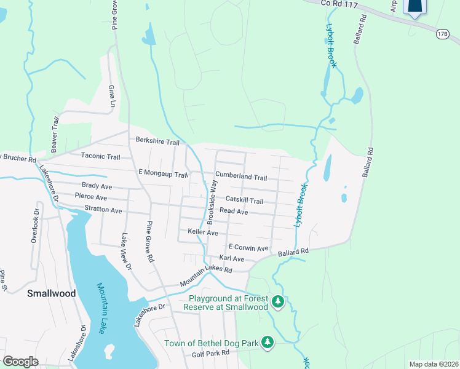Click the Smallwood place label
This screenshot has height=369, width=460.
[x=52, y=293]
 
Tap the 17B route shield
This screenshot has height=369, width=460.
[x=443, y=34]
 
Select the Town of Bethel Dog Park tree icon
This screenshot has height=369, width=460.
[x=268, y=341]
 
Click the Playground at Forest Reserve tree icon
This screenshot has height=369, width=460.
[x=279, y=301]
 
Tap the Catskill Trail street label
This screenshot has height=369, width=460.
[x=244, y=200]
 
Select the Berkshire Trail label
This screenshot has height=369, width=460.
[x=157, y=142]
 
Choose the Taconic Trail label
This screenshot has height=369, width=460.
[x=101, y=157]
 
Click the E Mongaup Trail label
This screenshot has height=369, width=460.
[x=162, y=175]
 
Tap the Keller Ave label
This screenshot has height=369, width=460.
[x=203, y=233]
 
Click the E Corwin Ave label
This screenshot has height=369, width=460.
[x=248, y=248]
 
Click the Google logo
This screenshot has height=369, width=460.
[x=20, y=362]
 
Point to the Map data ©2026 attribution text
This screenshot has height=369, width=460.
[x=433, y=364]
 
